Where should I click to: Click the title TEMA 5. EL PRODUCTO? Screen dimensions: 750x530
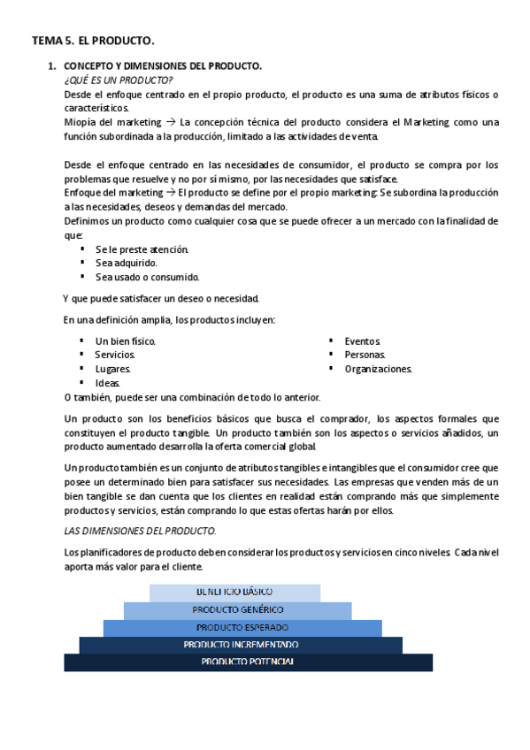coord(93,41)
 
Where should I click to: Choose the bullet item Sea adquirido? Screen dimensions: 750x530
coord(127,263)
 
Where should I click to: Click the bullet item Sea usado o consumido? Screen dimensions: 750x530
coord(147,277)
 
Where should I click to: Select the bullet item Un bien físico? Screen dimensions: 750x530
coord(126,341)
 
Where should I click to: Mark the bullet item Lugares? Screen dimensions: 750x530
coord(113,369)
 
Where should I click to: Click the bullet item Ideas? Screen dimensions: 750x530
coord(108,383)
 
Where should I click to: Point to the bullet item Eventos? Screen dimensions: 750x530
coord(363,341)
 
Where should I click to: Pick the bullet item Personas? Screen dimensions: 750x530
coord(365,355)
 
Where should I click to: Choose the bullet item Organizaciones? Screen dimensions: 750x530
coord(378,369)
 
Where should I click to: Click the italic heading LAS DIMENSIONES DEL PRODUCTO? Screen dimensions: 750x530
coord(141,531)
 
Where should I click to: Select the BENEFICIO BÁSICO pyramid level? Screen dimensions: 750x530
coord(234,592)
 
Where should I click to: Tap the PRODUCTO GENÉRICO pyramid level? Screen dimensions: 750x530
coord(237,610)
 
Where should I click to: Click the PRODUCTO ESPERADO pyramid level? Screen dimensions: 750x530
coord(242,628)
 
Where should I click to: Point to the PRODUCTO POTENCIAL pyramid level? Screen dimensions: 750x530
coord(248,662)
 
